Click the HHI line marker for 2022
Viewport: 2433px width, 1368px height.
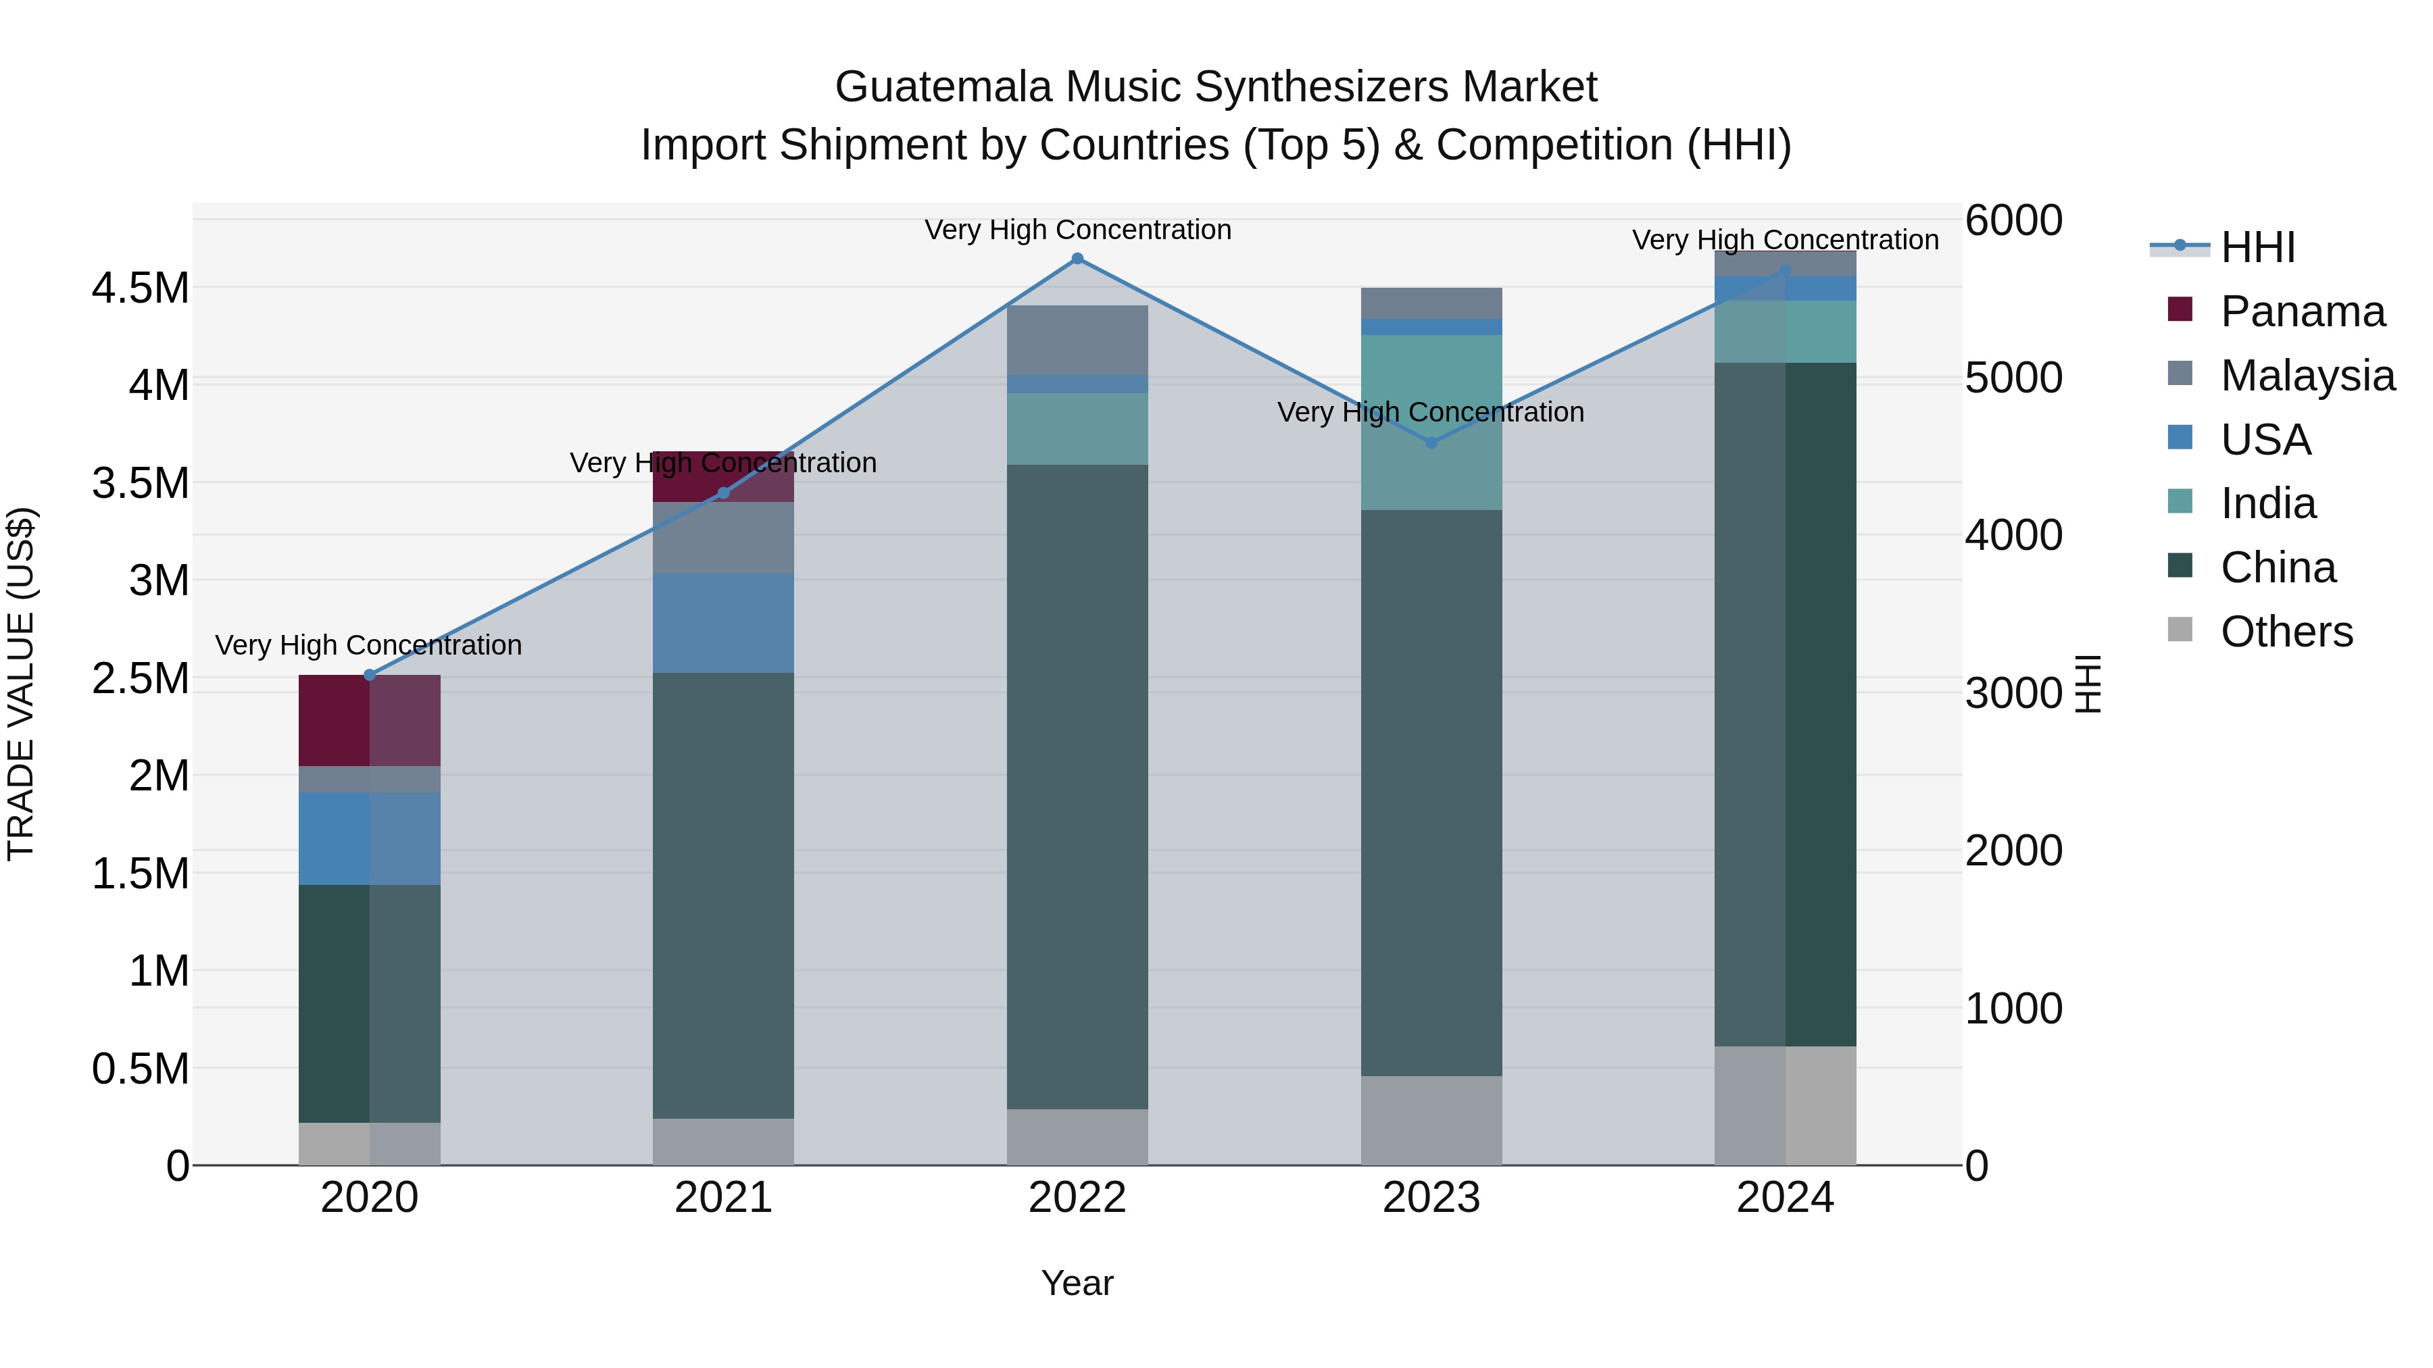point(1077,259)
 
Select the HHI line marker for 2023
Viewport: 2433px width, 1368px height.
point(1431,442)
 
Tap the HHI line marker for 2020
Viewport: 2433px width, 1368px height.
point(369,675)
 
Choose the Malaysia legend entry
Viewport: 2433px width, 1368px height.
point(2307,376)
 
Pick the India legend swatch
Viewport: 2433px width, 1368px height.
point(2180,502)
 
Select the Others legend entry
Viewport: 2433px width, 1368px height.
point(2286,632)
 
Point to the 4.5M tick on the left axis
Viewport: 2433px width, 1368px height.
point(140,288)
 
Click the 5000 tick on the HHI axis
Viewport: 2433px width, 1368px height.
point(2014,378)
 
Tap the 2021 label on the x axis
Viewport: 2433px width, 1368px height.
point(722,1198)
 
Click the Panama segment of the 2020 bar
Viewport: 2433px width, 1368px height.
point(369,720)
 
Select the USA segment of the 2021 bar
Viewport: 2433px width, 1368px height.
point(722,623)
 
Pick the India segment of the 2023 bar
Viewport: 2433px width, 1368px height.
point(1431,423)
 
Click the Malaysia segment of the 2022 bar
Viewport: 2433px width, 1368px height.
point(1077,340)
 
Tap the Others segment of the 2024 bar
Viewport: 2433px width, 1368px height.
point(1785,1105)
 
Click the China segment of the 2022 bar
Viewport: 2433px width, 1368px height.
point(1077,786)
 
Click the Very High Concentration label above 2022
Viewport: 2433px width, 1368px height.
point(1077,230)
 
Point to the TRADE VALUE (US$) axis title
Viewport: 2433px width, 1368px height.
point(22,684)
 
